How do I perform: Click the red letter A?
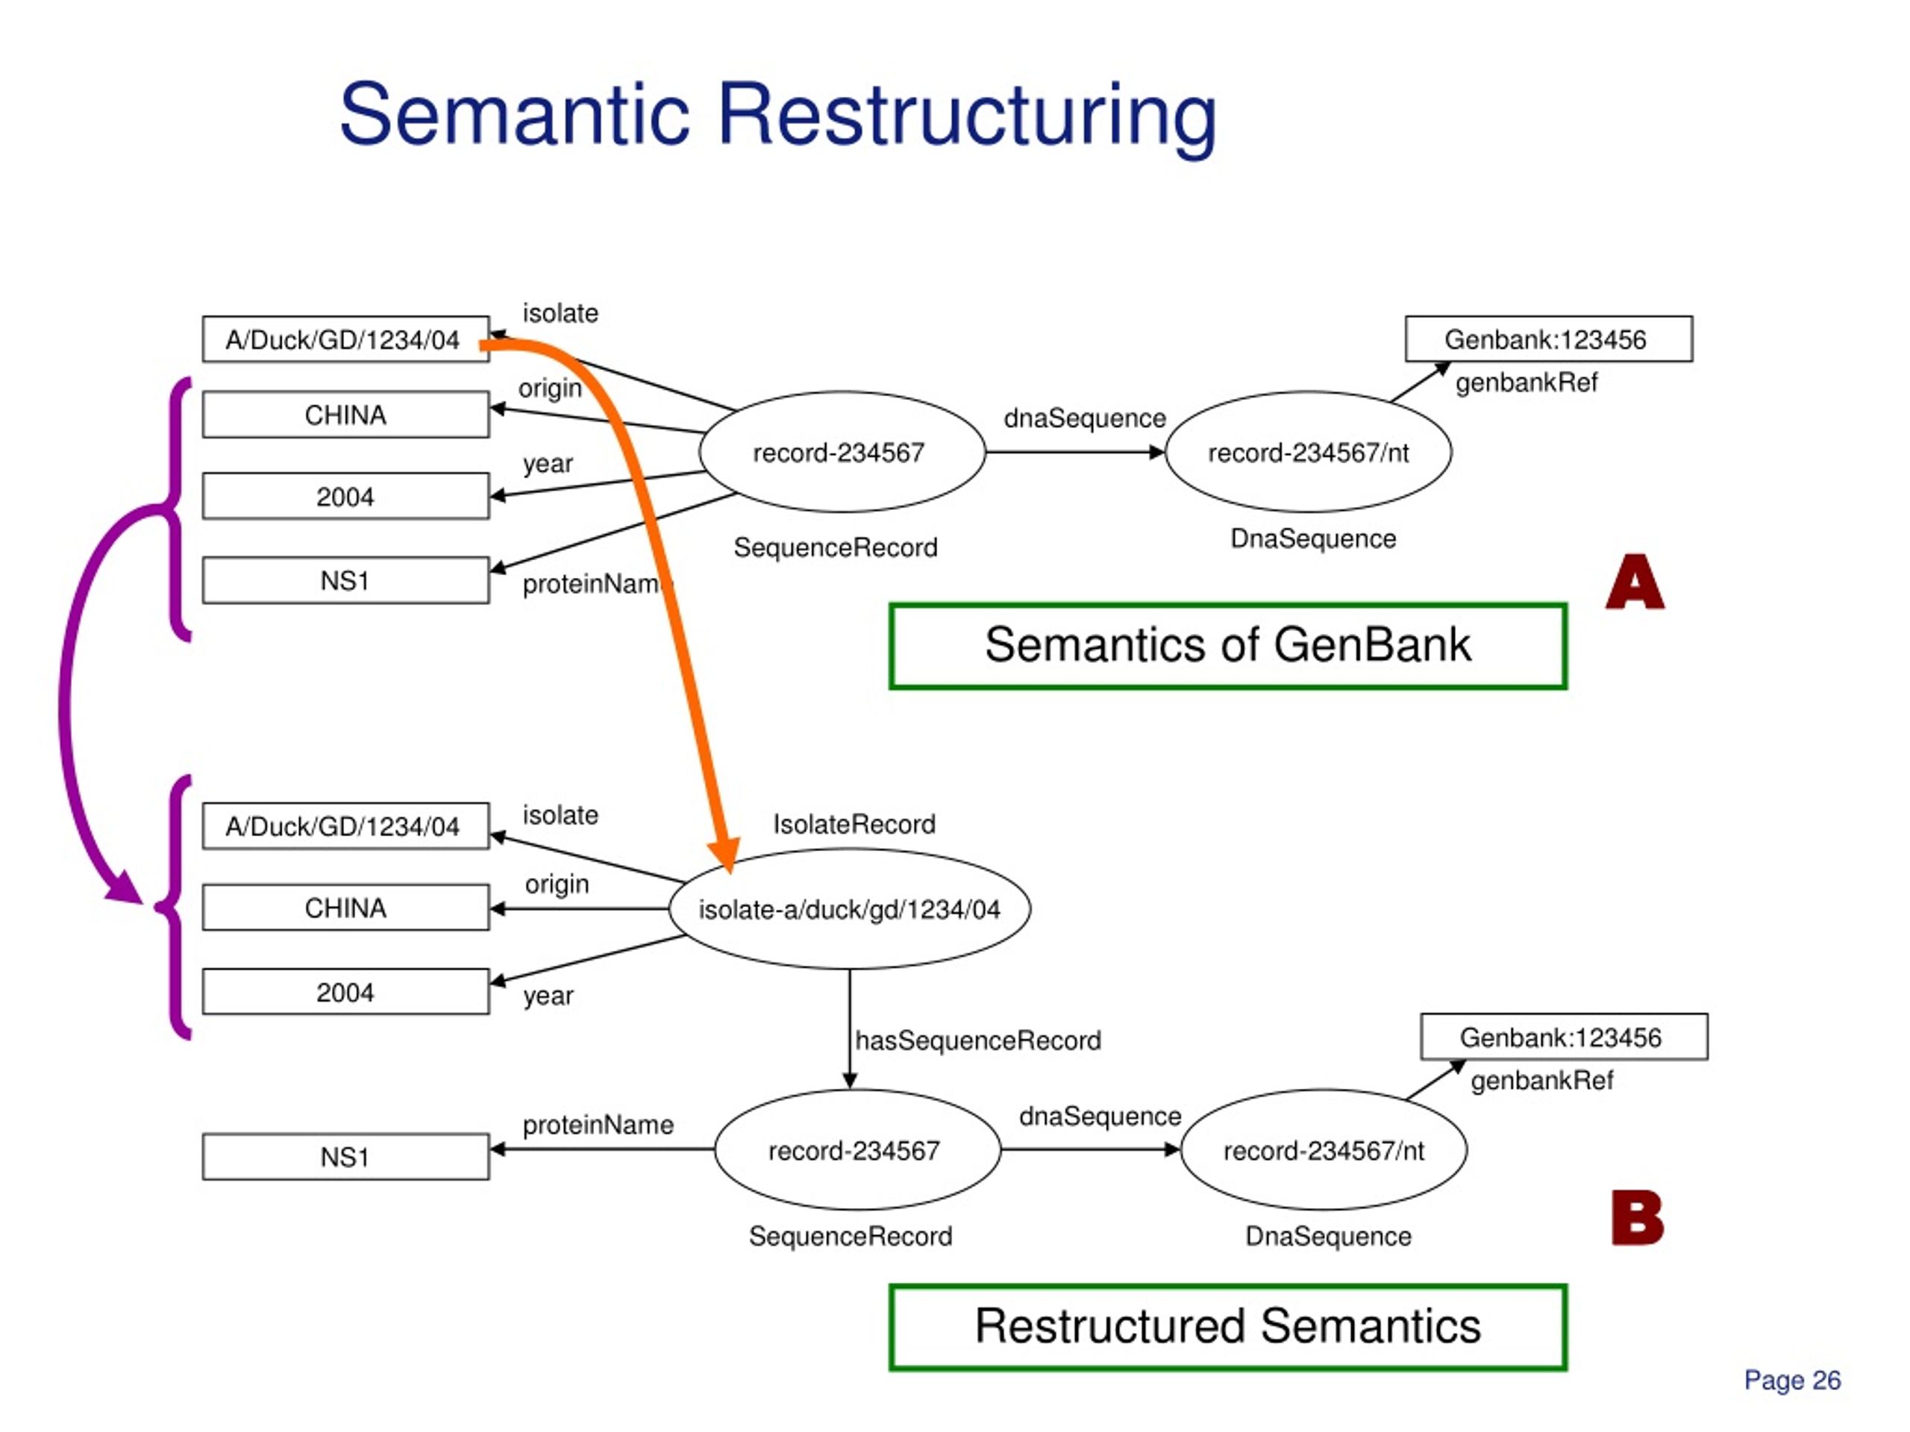coord(1635,582)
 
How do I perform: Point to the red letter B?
coord(1637,1217)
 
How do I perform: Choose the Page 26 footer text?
coord(1793,1381)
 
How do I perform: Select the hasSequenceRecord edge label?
coord(978,1040)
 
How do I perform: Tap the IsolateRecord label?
coord(854,824)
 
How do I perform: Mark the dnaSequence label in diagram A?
coord(1085,418)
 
